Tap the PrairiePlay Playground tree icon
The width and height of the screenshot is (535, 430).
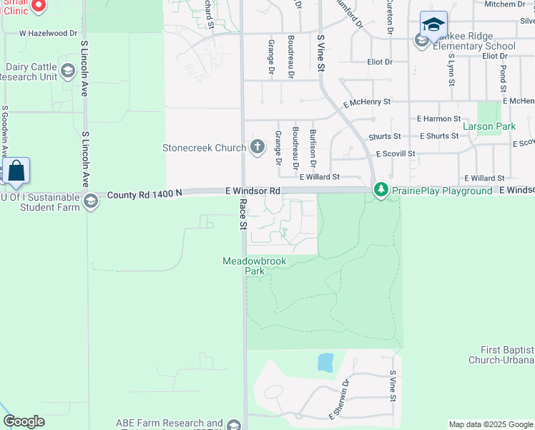[x=381, y=191]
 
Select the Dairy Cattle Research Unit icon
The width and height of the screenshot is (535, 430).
[x=68, y=71]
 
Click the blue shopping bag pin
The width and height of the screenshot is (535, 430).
[x=16, y=172]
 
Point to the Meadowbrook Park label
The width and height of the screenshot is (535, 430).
[x=255, y=266]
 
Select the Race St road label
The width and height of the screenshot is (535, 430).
[x=242, y=215]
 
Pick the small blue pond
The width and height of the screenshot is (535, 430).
[x=325, y=362]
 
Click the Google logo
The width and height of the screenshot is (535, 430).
[x=24, y=421]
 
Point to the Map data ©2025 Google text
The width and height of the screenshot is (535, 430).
[x=490, y=424]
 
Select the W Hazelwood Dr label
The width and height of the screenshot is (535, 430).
[x=48, y=33]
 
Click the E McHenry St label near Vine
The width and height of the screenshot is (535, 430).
[x=366, y=102]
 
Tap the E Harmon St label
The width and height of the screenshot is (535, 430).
[x=438, y=118]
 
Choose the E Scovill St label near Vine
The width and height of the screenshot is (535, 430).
[x=395, y=153]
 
